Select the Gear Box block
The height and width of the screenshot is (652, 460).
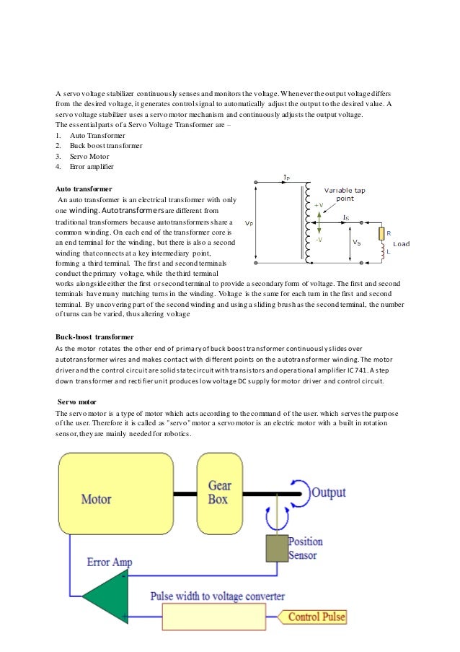(218, 492)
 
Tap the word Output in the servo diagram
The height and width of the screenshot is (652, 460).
(328, 493)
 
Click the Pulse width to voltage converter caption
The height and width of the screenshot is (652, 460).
(217, 596)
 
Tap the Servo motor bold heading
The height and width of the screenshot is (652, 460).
(79, 401)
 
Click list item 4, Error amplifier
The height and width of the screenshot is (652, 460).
(91, 167)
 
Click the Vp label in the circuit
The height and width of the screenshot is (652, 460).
(249, 223)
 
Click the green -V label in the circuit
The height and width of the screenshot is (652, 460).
(319, 239)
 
